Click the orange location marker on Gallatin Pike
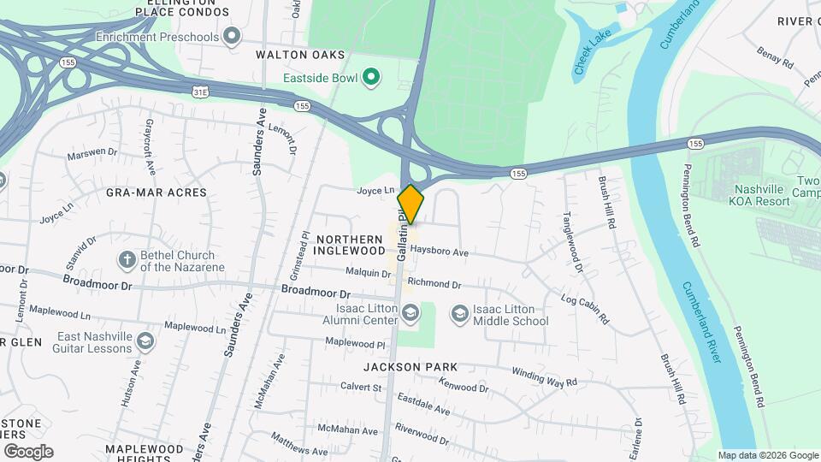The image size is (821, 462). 410,204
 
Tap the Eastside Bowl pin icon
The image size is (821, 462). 370,79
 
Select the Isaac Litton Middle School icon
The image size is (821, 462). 459,315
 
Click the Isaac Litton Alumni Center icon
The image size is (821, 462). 411,315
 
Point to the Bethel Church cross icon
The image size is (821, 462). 127,260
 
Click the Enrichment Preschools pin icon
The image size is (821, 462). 230,37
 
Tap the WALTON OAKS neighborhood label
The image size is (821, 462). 300,55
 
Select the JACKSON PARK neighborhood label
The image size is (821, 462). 410,367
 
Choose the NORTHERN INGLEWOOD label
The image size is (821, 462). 350,245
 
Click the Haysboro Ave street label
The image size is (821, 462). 439,252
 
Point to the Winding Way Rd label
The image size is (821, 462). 544,376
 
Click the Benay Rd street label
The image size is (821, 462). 775,58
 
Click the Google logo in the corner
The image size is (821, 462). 28,451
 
